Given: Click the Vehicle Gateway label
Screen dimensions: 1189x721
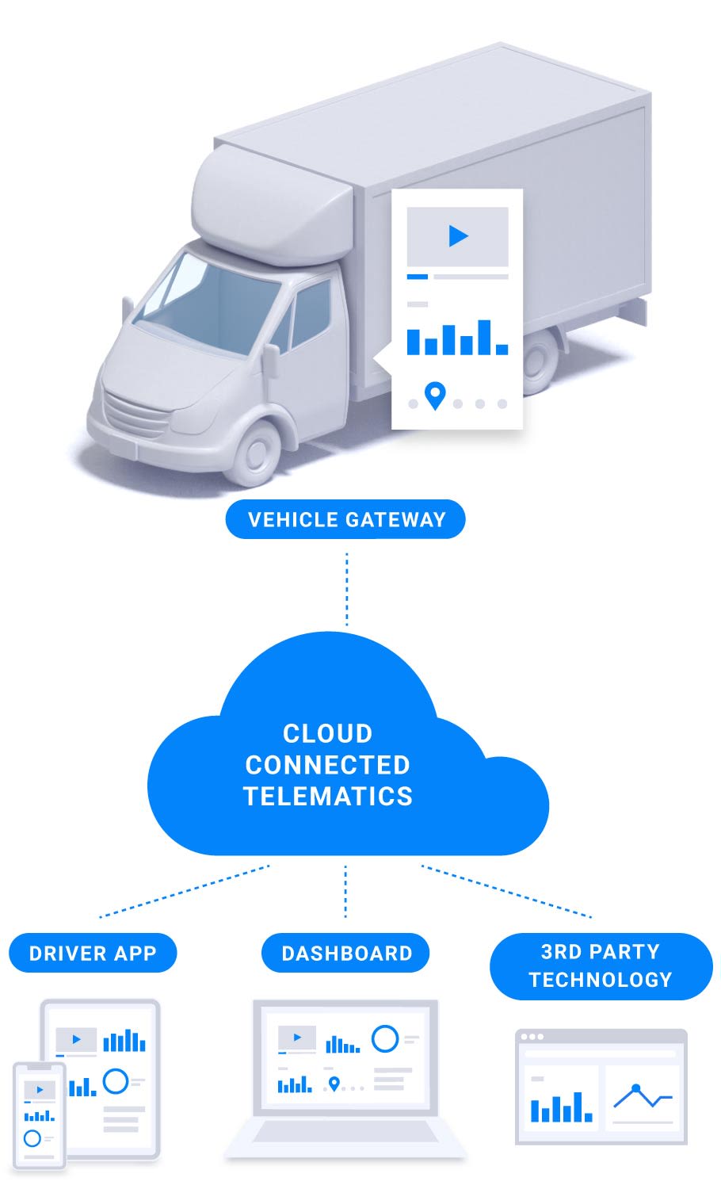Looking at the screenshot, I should [x=345, y=519].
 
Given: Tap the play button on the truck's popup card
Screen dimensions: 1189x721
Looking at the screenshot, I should [x=458, y=235].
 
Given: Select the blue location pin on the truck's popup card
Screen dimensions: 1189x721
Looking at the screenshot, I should [x=435, y=395].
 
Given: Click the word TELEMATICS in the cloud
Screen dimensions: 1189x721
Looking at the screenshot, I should [x=327, y=796].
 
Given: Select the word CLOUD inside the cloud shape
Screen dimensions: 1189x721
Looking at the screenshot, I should [x=327, y=733].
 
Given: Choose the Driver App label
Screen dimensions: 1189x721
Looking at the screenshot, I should [x=93, y=953].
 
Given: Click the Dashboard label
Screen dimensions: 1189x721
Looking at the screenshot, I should [x=346, y=953].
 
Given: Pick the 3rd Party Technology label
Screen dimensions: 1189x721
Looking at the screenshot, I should [x=601, y=965].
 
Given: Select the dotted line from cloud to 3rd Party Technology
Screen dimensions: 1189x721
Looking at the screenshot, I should [x=507, y=892].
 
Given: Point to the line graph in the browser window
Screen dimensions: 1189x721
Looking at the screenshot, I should [x=643, y=1096].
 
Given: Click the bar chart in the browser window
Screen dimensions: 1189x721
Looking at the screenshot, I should [x=561, y=1107].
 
